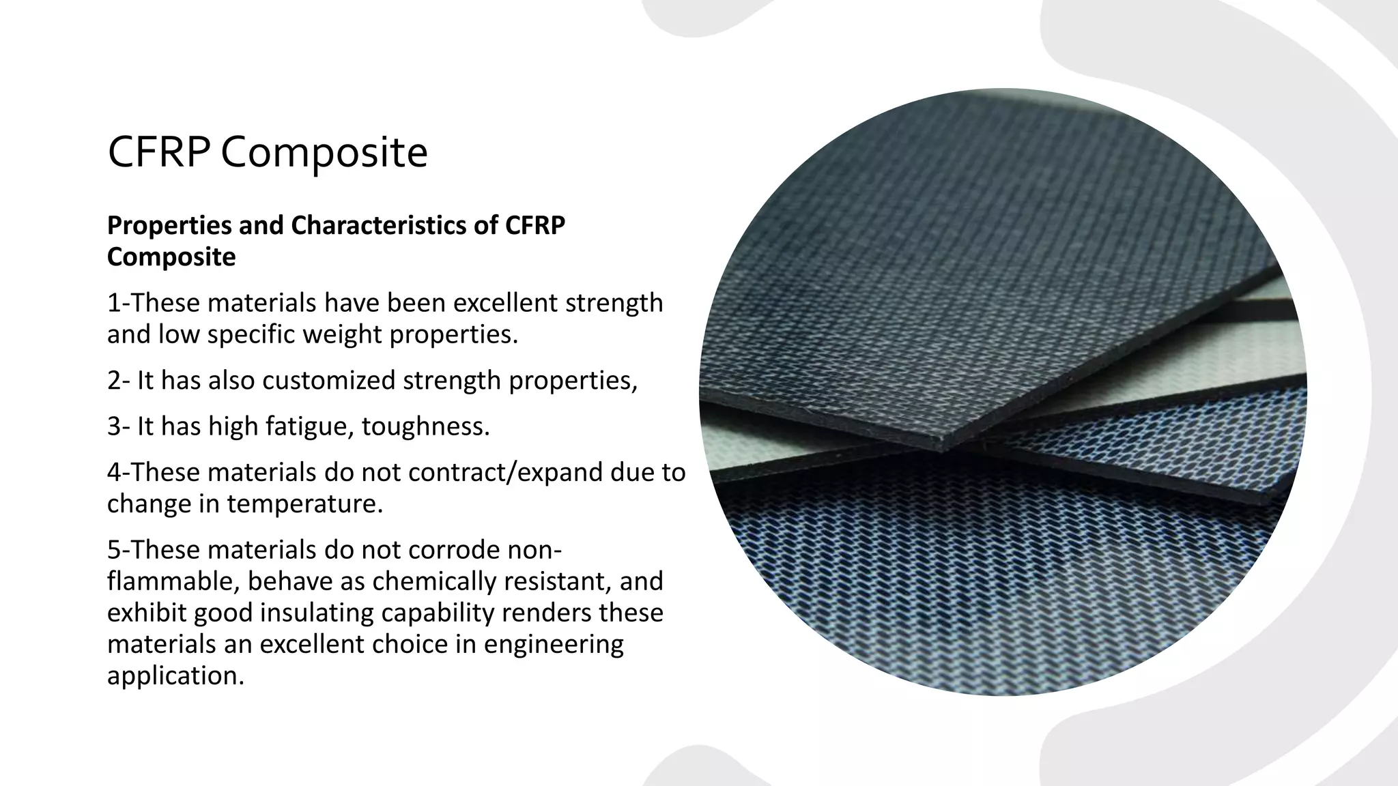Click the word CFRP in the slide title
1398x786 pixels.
(x=158, y=151)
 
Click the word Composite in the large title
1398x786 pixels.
(x=324, y=154)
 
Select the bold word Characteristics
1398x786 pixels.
(x=395, y=225)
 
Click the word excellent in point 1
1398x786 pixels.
(x=505, y=303)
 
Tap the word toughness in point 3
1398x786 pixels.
(x=425, y=426)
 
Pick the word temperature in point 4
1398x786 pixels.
(x=304, y=504)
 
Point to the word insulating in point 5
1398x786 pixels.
(x=317, y=613)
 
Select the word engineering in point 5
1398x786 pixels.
(x=554, y=645)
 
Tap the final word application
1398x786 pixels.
(x=175, y=676)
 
